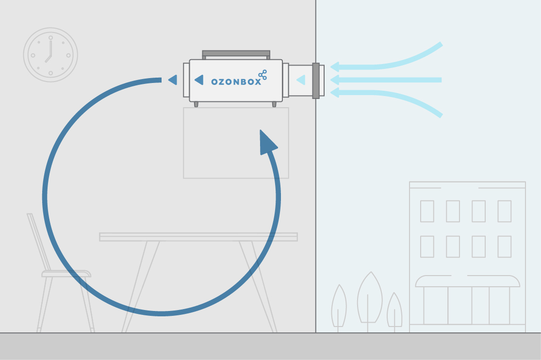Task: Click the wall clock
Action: click(50, 54)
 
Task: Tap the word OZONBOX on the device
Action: click(236, 82)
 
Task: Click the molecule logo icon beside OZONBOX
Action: click(262, 75)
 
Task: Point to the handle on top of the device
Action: click(236, 52)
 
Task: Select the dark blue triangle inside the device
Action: click(198, 80)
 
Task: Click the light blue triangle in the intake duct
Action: click(301, 79)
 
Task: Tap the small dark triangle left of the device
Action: click(172, 80)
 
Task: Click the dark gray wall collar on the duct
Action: click(316, 81)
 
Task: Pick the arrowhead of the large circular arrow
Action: click(267, 142)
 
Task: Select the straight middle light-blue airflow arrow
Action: click(388, 80)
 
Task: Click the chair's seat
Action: click(66, 274)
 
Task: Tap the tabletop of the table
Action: click(198, 237)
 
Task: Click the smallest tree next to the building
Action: click(394, 311)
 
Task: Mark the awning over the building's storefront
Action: click(468, 281)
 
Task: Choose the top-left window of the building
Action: click(427, 211)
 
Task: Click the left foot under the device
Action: click(196, 104)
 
